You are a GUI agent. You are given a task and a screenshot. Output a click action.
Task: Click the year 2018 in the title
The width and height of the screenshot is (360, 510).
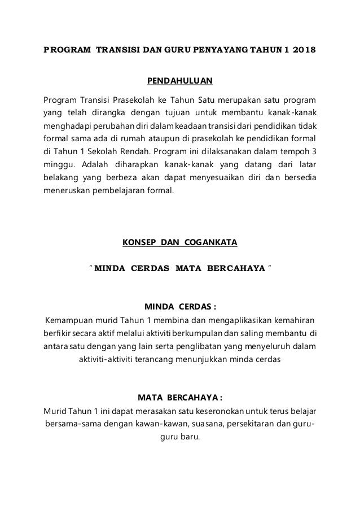point(302,50)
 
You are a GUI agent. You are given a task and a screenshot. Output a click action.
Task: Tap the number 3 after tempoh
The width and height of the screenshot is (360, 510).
point(314,152)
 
